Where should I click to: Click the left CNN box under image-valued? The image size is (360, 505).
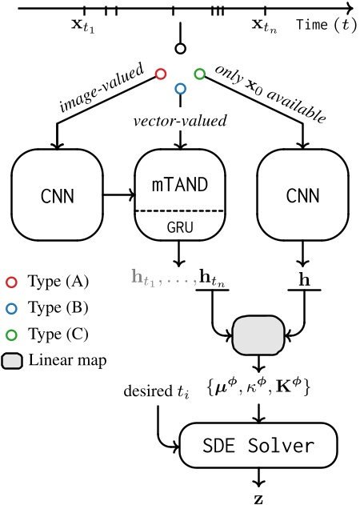tap(57, 194)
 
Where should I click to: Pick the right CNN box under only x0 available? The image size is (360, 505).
tap(302, 194)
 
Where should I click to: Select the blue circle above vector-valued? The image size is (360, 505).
tap(180, 89)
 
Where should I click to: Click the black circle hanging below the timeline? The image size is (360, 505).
tap(181, 49)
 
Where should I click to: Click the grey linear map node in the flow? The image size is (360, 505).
tap(258, 331)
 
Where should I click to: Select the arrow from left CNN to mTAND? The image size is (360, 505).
tap(117, 194)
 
